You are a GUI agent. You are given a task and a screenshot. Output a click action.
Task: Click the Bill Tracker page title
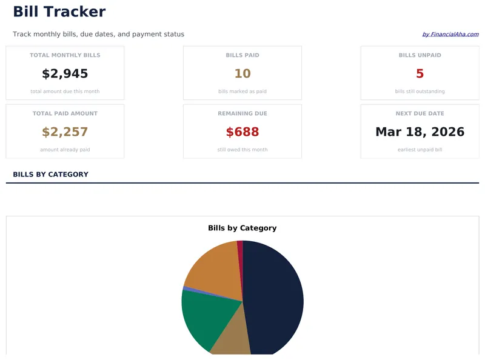[59, 12]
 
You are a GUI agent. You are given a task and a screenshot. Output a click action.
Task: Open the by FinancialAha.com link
[450, 35]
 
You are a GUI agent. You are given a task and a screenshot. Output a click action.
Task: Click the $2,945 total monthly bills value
[65, 74]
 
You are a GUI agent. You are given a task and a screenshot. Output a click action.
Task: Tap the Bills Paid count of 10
[242, 74]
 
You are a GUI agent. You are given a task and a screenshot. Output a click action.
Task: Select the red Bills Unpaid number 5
[420, 74]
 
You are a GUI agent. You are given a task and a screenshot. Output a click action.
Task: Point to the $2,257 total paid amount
[65, 132]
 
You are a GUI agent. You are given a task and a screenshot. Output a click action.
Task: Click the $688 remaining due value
[242, 132]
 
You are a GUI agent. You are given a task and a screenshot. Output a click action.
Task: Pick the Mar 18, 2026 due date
[420, 132]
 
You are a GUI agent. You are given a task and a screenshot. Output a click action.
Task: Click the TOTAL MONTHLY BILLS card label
[65, 55]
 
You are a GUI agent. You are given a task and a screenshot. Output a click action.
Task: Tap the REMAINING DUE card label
[242, 113]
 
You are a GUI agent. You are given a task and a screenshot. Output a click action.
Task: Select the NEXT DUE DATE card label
[420, 113]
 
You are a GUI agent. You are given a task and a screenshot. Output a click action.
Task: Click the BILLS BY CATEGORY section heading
[50, 175]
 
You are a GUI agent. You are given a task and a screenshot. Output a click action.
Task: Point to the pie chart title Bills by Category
[242, 228]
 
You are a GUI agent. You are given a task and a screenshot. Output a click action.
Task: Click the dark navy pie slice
[273, 297]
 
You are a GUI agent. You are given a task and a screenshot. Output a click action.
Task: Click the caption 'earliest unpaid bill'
[420, 150]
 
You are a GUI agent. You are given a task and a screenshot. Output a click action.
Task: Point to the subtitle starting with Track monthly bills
[98, 35]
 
